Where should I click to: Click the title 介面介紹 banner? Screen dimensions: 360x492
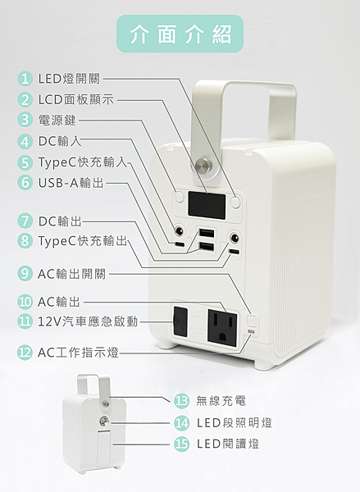pyautogui.click(x=180, y=34)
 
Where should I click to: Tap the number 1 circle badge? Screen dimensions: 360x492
pyautogui.click(x=25, y=79)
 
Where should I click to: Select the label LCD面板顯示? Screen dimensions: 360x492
pyautogui.click(x=75, y=99)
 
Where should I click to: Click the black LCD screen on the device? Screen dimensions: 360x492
pyautogui.click(x=207, y=206)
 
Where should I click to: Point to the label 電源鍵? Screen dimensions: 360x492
pyautogui.click(x=57, y=120)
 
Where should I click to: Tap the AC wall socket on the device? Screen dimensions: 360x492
pyautogui.click(x=222, y=328)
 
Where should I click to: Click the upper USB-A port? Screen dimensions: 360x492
pyautogui.click(x=206, y=233)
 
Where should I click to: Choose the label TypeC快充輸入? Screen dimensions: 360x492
pyautogui.click(x=83, y=162)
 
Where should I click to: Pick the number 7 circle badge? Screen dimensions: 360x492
pyautogui.click(x=25, y=221)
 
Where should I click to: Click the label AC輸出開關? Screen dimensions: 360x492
pyautogui.click(x=72, y=274)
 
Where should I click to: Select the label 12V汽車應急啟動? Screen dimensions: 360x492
pyautogui.click(x=88, y=321)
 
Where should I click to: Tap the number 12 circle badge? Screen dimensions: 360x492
pyautogui.click(x=25, y=353)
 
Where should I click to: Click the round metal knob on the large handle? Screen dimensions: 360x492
pyautogui.click(x=203, y=165)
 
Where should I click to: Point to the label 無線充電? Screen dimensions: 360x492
pyautogui.click(x=221, y=401)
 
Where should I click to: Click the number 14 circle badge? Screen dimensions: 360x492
pyautogui.click(x=182, y=422)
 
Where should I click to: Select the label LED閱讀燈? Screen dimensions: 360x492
pyautogui.click(x=228, y=444)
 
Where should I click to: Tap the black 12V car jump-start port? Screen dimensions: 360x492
pyautogui.click(x=180, y=321)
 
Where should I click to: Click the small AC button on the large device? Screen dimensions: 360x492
pyautogui.click(x=252, y=321)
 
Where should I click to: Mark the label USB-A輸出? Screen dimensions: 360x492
pyautogui.click(x=71, y=182)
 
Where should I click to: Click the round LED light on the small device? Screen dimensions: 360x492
pyautogui.click(x=104, y=421)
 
